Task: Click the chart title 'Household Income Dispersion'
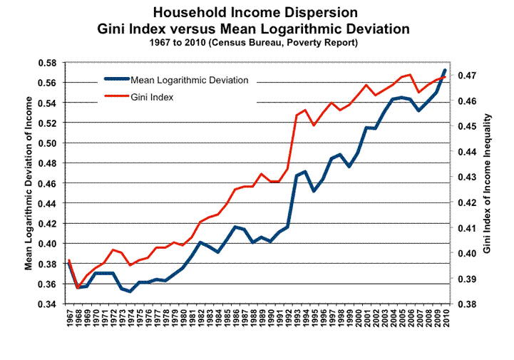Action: (258, 14)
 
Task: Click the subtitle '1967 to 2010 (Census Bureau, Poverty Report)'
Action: (257, 43)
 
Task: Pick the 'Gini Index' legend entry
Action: (153, 96)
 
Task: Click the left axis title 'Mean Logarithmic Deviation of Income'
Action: (29, 184)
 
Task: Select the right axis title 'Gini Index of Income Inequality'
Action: (487, 184)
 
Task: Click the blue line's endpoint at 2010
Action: (445, 70)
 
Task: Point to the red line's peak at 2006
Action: (410, 74)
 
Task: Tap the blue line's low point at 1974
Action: (130, 291)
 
